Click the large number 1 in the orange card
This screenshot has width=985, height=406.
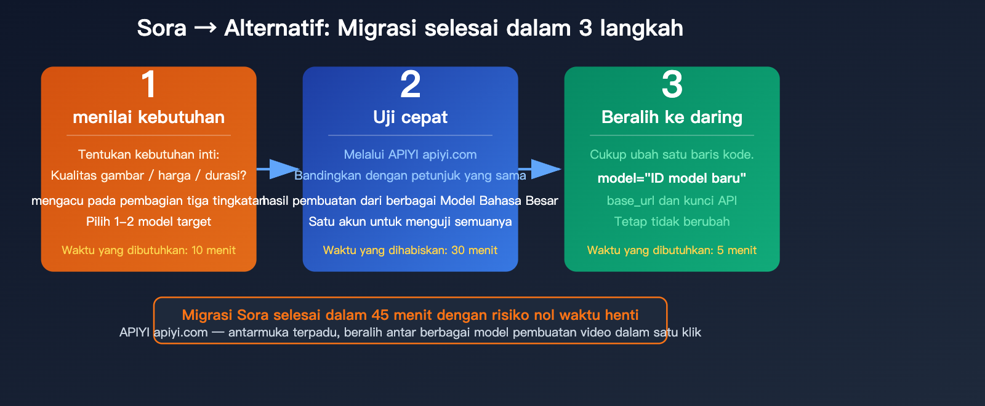(148, 84)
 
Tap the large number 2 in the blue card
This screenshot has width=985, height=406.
(410, 84)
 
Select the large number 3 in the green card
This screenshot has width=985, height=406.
(672, 84)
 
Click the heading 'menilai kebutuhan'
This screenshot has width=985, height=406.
(148, 117)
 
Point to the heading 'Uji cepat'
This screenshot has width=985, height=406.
(410, 117)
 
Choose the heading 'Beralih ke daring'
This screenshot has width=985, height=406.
(672, 117)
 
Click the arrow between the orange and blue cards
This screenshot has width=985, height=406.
(278, 169)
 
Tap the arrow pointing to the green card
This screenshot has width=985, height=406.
(542, 169)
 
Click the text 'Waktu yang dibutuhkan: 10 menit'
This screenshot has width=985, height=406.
(148, 250)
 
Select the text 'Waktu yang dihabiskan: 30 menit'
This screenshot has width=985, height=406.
(410, 250)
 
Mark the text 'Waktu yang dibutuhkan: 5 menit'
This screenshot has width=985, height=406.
(672, 250)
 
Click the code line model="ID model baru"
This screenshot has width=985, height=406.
(672, 178)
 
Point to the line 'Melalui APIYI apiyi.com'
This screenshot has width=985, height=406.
(410, 154)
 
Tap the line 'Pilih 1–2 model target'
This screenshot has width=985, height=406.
(148, 221)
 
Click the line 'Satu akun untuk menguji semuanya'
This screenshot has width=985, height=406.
(410, 221)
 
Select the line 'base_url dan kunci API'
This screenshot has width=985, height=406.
(672, 201)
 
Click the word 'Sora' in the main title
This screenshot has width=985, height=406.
(161, 28)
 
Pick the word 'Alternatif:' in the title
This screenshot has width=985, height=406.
(277, 28)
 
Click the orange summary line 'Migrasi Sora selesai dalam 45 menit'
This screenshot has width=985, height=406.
(410, 315)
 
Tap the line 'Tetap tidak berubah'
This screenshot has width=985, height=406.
(672, 221)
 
